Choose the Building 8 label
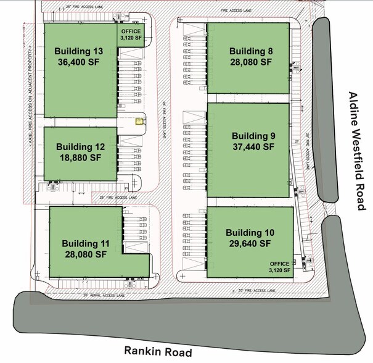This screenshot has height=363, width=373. coord(250,51)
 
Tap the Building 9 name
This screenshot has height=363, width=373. coord(253,136)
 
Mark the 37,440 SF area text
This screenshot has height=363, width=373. coord(253,147)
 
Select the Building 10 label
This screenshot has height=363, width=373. coord(248,232)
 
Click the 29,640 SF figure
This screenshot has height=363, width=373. coord(248,243)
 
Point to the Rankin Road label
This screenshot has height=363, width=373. coord(158,351)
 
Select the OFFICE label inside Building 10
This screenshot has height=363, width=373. coord(279,264)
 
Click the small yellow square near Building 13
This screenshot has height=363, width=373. coord(139,122)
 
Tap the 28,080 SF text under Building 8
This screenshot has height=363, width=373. coord(250,62)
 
